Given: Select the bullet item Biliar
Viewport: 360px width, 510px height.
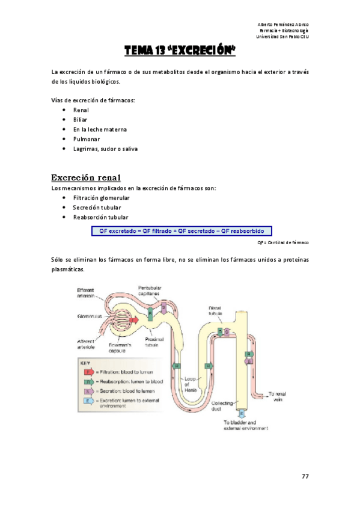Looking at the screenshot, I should pyautogui.click(x=80, y=120).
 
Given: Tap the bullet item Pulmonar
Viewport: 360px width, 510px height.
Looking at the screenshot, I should pyautogui.click(x=86, y=139).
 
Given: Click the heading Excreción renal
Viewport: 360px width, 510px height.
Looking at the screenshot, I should pyautogui.click(x=87, y=177).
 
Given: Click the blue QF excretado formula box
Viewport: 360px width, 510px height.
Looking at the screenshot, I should pyautogui.click(x=182, y=230).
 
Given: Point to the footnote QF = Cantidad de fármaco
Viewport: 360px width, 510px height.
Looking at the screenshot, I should pyautogui.click(x=282, y=242).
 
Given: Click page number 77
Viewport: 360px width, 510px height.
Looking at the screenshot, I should pyautogui.click(x=305, y=476).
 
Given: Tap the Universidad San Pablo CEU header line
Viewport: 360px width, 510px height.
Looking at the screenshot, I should pyautogui.click(x=282, y=36).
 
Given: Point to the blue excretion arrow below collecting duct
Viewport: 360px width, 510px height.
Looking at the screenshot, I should pyautogui.click(x=242, y=414).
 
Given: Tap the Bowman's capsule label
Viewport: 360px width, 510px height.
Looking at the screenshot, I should pyautogui.click(x=120, y=348).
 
